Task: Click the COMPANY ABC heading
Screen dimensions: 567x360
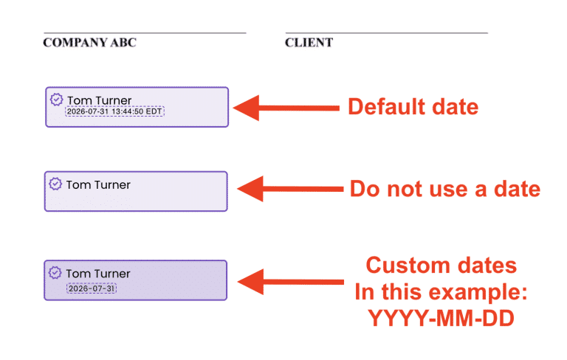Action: (x=89, y=42)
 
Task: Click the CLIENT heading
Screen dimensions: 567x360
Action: (x=309, y=42)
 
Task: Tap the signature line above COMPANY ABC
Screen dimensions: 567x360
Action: (x=145, y=33)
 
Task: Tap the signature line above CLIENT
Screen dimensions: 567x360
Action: (x=387, y=33)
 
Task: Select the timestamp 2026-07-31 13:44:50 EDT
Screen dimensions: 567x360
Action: (x=114, y=111)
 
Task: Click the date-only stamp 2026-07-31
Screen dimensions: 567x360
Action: (x=92, y=288)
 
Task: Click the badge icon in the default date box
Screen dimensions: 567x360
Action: (x=56, y=100)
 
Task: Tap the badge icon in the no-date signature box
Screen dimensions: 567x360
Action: (x=55, y=184)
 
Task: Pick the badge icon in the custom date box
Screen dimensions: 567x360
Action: (x=55, y=272)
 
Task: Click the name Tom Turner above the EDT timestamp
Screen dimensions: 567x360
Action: (x=100, y=100)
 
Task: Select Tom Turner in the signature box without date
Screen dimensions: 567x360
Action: (x=98, y=184)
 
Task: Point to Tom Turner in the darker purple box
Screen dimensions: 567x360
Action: (x=98, y=274)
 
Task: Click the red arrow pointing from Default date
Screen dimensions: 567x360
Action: (x=286, y=108)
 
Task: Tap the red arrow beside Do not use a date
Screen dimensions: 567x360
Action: (x=290, y=189)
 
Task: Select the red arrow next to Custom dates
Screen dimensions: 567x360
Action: (x=291, y=282)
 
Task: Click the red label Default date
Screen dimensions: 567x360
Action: (x=413, y=107)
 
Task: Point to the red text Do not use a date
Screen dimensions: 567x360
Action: (x=445, y=189)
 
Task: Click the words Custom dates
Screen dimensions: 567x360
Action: (x=441, y=266)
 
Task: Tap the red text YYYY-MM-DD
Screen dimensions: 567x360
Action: (x=441, y=319)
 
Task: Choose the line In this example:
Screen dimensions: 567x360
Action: (x=441, y=291)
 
